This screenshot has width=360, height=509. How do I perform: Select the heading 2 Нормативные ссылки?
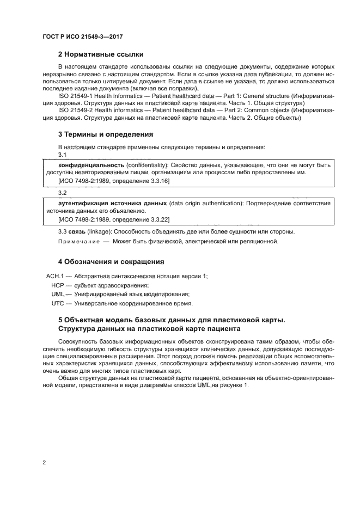(x=100, y=54)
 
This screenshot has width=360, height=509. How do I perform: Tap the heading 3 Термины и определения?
(x=105, y=134)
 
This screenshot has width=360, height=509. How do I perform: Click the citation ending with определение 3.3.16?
(x=113, y=180)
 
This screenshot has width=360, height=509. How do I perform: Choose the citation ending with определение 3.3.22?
(x=113, y=218)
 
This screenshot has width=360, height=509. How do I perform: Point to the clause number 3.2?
(x=62, y=193)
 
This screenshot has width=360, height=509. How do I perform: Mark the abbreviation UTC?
(x=58, y=303)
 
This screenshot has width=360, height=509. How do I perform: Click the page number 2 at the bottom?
(x=44, y=462)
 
